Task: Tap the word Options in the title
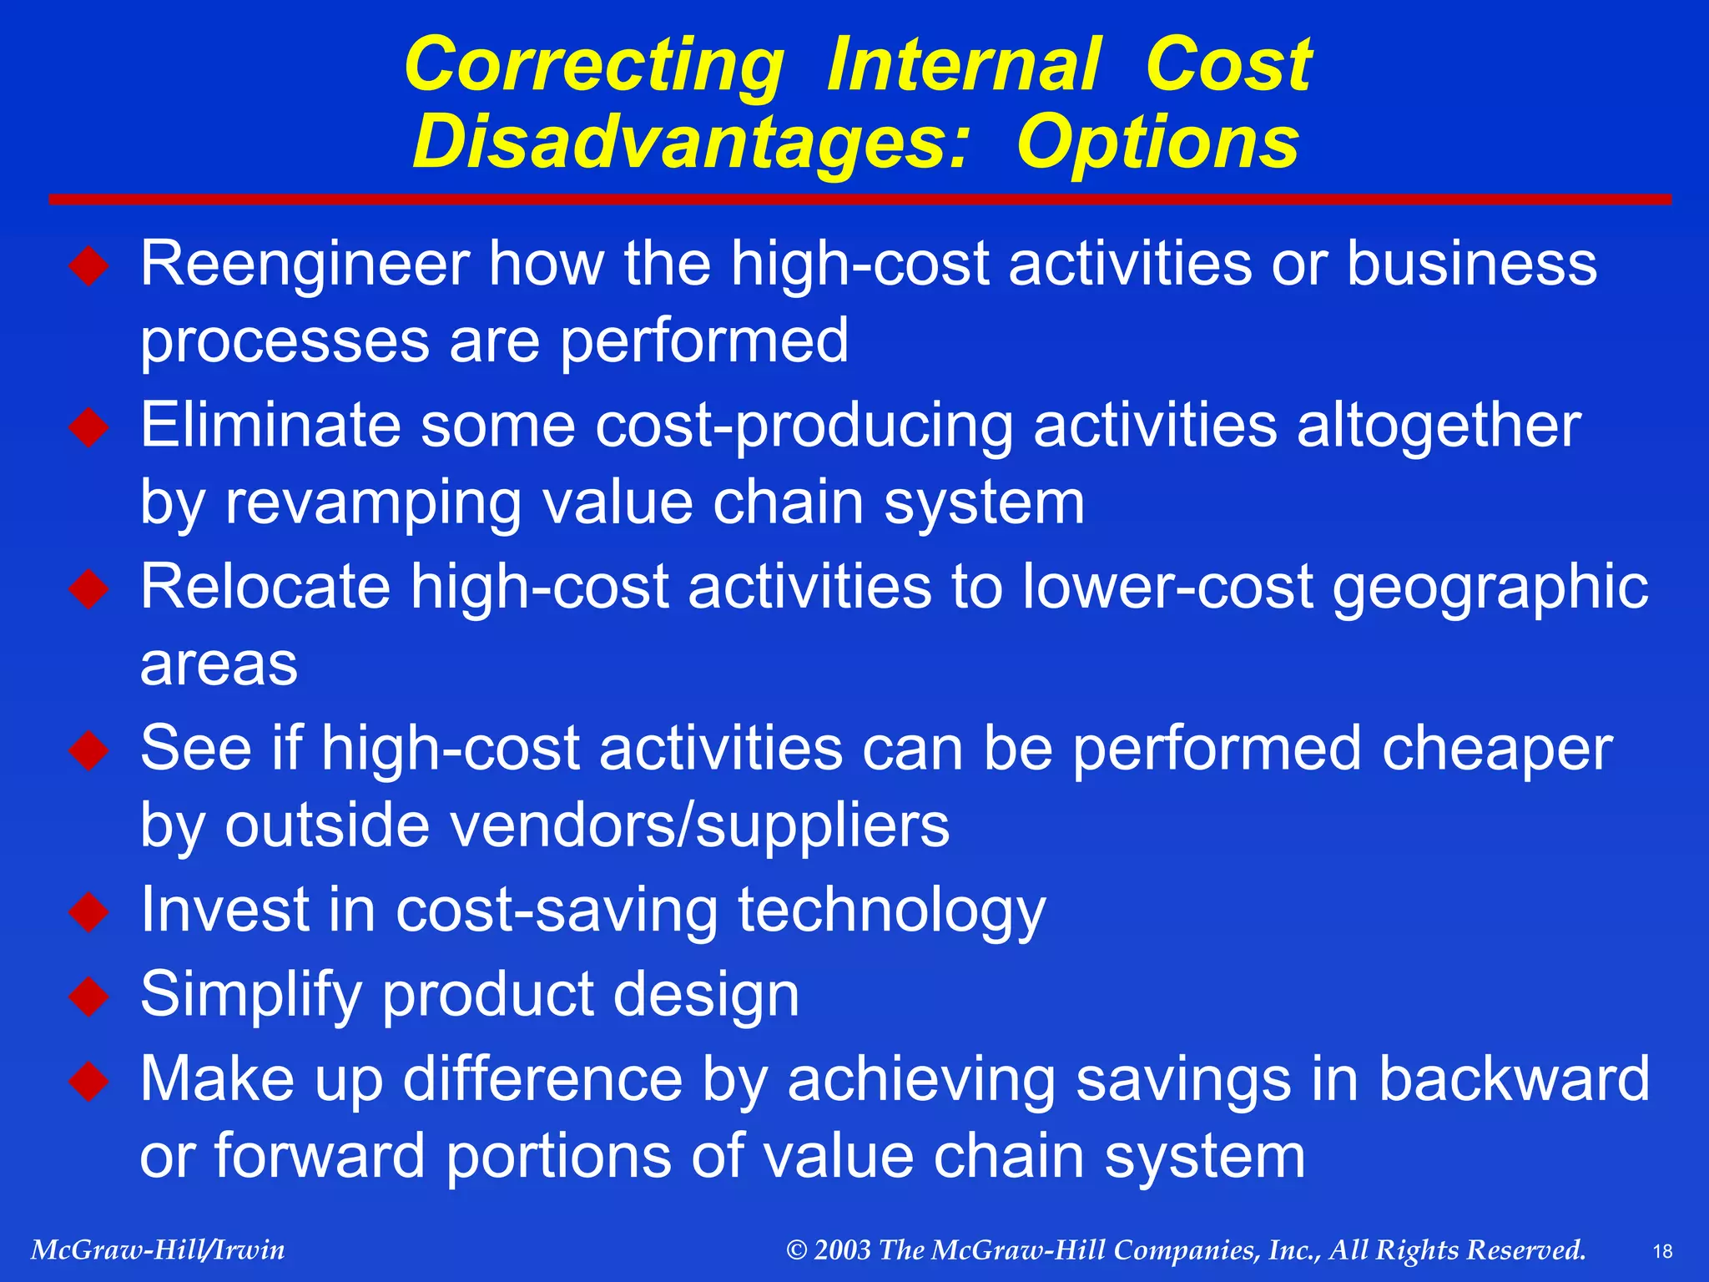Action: [x=1157, y=142]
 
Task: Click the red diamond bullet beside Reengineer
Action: [x=89, y=266]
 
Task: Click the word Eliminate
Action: [x=270, y=425]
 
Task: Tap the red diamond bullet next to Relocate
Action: [x=89, y=589]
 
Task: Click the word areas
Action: [x=219, y=664]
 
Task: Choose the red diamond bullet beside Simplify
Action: [x=89, y=996]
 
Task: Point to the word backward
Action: [x=1514, y=1079]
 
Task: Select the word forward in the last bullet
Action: [x=320, y=1156]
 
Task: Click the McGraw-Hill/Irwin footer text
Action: [x=158, y=1249]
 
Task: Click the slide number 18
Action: [x=1662, y=1251]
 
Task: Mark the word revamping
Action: [x=372, y=503]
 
